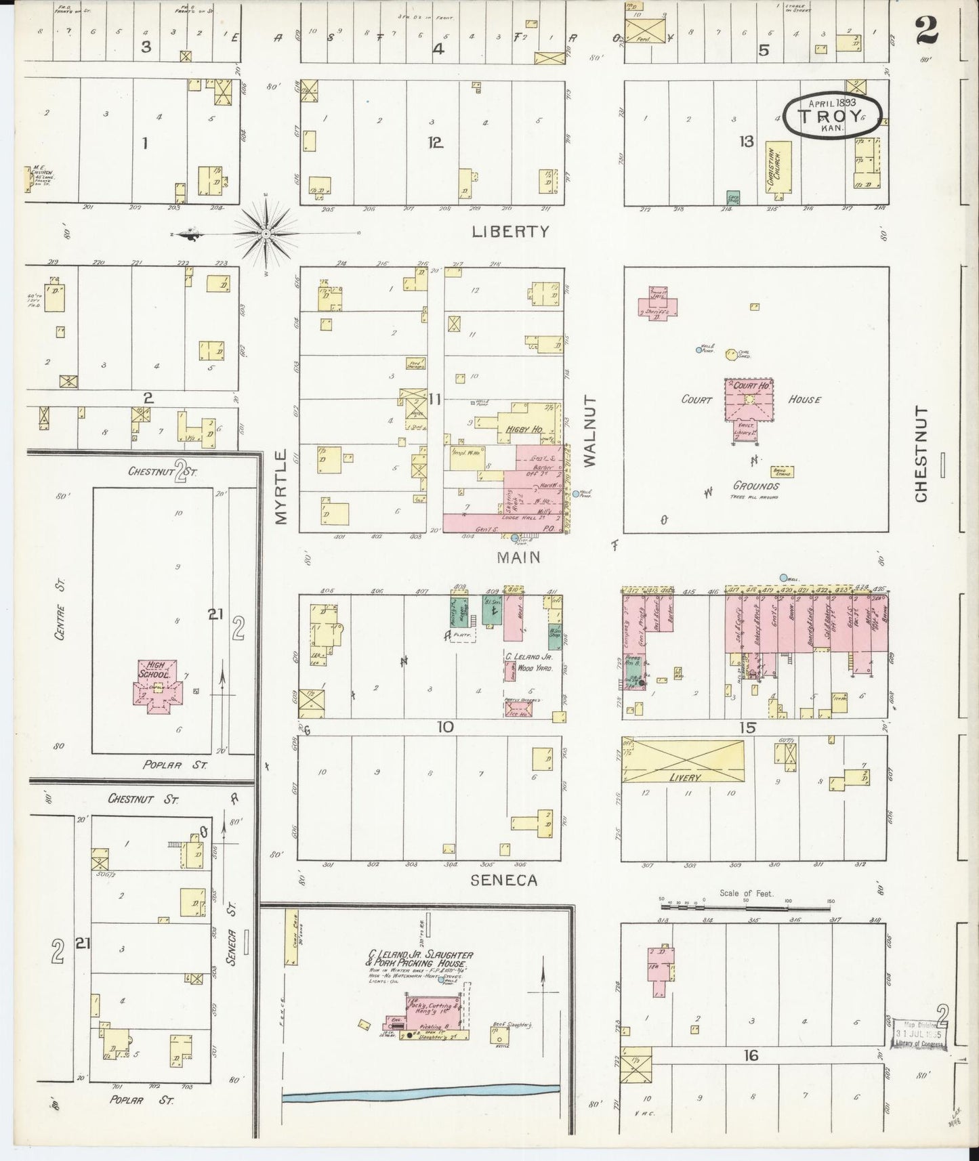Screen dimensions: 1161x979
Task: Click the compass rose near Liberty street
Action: point(266,234)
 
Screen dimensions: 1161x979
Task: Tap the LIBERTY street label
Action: point(510,232)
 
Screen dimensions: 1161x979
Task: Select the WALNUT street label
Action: point(589,431)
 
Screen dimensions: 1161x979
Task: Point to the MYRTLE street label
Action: point(282,486)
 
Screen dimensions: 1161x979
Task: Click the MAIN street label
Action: point(518,557)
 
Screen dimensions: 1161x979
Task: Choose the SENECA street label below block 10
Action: point(503,880)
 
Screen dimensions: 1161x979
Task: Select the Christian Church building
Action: point(777,167)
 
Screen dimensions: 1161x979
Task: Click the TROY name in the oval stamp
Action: point(831,116)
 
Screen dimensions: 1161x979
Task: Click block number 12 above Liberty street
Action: point(435,142)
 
